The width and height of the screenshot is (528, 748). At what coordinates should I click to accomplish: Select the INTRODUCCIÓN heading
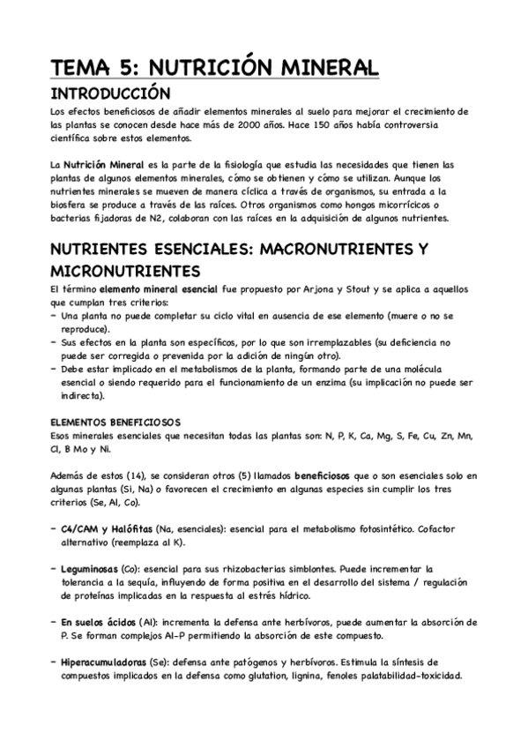coord(109,93)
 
